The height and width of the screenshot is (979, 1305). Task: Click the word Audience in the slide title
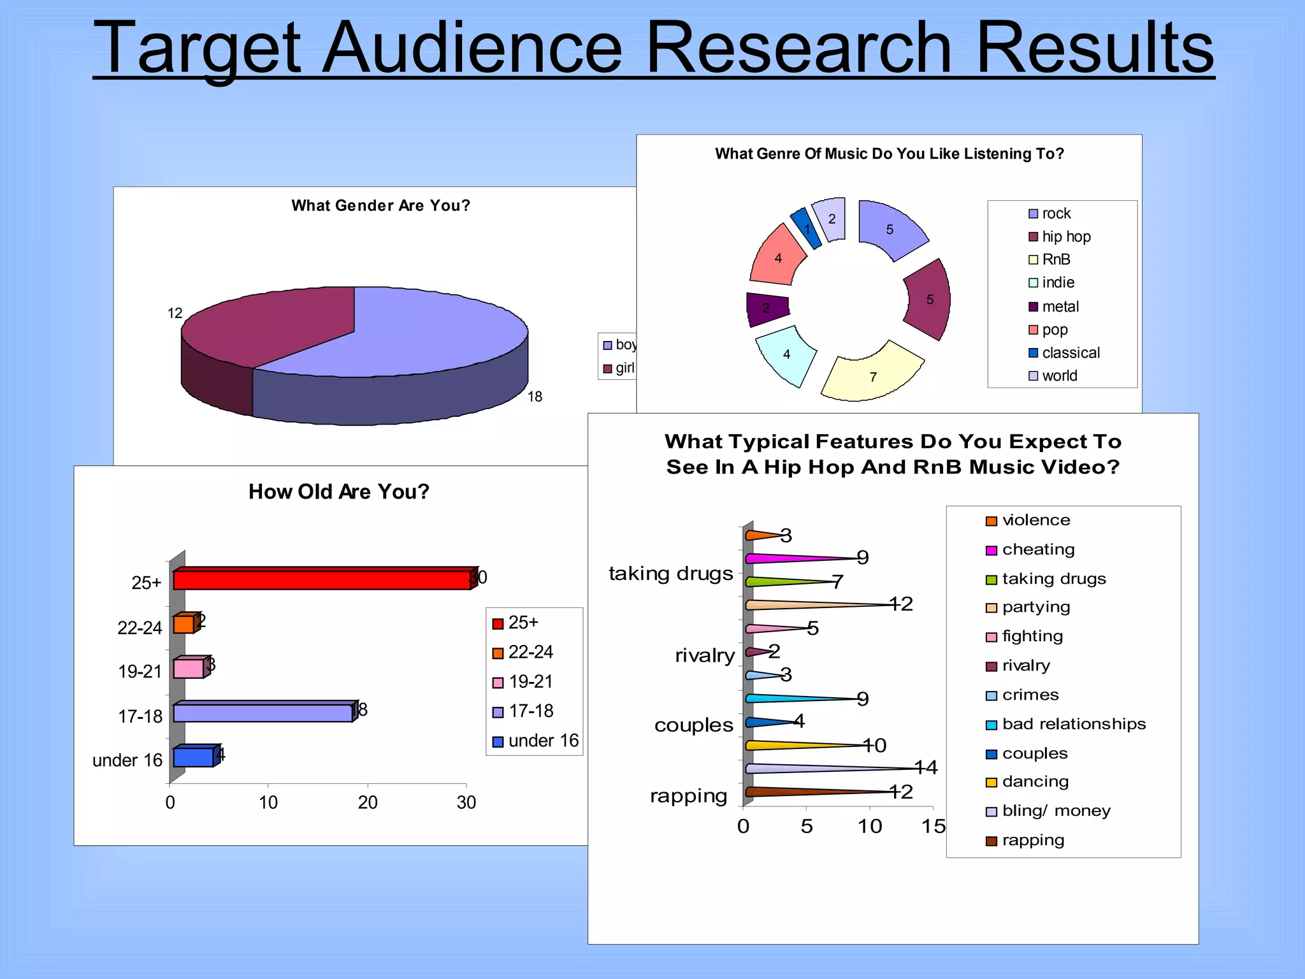pyautogui.click(x=472, y=48)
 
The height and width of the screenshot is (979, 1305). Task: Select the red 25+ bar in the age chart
pyautogui.click(x=322, y=579)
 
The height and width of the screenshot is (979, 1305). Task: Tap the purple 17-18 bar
pyautogui.click(x=263, y=712)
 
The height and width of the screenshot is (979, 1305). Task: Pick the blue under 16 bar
pyautogui.click(x=193, y=757)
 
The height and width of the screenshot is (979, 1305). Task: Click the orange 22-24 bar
pyautogui.click(x=184, y=624)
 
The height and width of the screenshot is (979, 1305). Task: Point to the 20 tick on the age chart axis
pyautogui.click(x=368, y=802)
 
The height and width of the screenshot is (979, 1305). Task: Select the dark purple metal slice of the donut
pyautogui.click(x=767, y=308)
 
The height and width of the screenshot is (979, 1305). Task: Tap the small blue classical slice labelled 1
pyautogui.click(x=806, y=228)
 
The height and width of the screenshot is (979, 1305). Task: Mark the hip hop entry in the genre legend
pyautogui.click(x=1060, y=236)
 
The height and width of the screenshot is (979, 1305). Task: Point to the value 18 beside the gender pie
pyautogui.click(x=535, y=396)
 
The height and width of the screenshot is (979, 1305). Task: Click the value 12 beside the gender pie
pyautogui.click(x=175, y=313)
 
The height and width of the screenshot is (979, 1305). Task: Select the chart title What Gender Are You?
pyautogui.click(x=380, y=205)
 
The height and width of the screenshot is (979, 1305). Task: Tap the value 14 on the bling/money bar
pyautogui.click(x=926, y=767)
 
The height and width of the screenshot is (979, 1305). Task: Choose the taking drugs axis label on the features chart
pyautogui.click(x=670, y=574)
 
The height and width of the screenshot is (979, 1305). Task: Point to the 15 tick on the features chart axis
pyautogui.click(x=933, y=826)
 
